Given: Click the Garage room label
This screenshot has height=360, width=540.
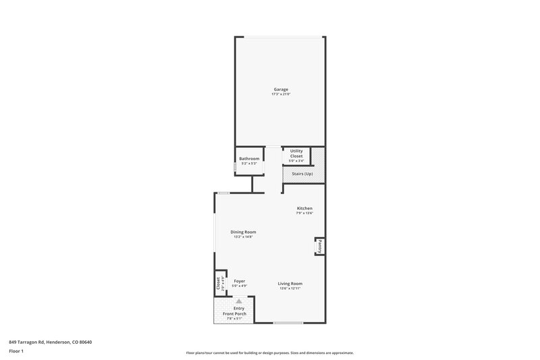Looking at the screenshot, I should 281,89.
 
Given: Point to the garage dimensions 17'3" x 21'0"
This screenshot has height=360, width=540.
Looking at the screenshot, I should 281,95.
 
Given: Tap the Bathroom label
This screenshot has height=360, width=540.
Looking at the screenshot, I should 249,159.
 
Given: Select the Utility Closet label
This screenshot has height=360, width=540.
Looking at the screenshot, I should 296,153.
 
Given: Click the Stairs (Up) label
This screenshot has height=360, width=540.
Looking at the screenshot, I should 302,174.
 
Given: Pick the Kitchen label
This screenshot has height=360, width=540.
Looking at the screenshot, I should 304,208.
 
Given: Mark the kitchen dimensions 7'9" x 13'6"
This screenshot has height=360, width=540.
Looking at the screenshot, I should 304,213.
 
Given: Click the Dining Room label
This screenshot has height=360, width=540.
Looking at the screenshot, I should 243,232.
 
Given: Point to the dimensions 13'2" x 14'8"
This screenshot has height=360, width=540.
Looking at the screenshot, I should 243,237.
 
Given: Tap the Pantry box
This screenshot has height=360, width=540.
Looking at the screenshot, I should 319,247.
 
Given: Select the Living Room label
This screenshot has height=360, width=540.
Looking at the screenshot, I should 290,283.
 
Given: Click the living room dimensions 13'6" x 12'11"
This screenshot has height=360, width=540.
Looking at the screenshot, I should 290,288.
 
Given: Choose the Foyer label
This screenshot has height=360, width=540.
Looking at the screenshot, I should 239,281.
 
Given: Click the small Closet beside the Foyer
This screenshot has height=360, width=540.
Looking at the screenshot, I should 219,284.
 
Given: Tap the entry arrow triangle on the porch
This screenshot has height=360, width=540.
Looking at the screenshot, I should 238,301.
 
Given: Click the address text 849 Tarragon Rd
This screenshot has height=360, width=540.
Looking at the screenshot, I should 51,342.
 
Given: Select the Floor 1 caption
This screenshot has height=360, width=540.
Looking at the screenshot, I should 17,352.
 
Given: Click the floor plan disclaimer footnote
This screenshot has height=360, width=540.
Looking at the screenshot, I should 270,353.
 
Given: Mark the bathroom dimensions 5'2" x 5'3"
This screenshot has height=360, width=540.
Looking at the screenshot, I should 249,163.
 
